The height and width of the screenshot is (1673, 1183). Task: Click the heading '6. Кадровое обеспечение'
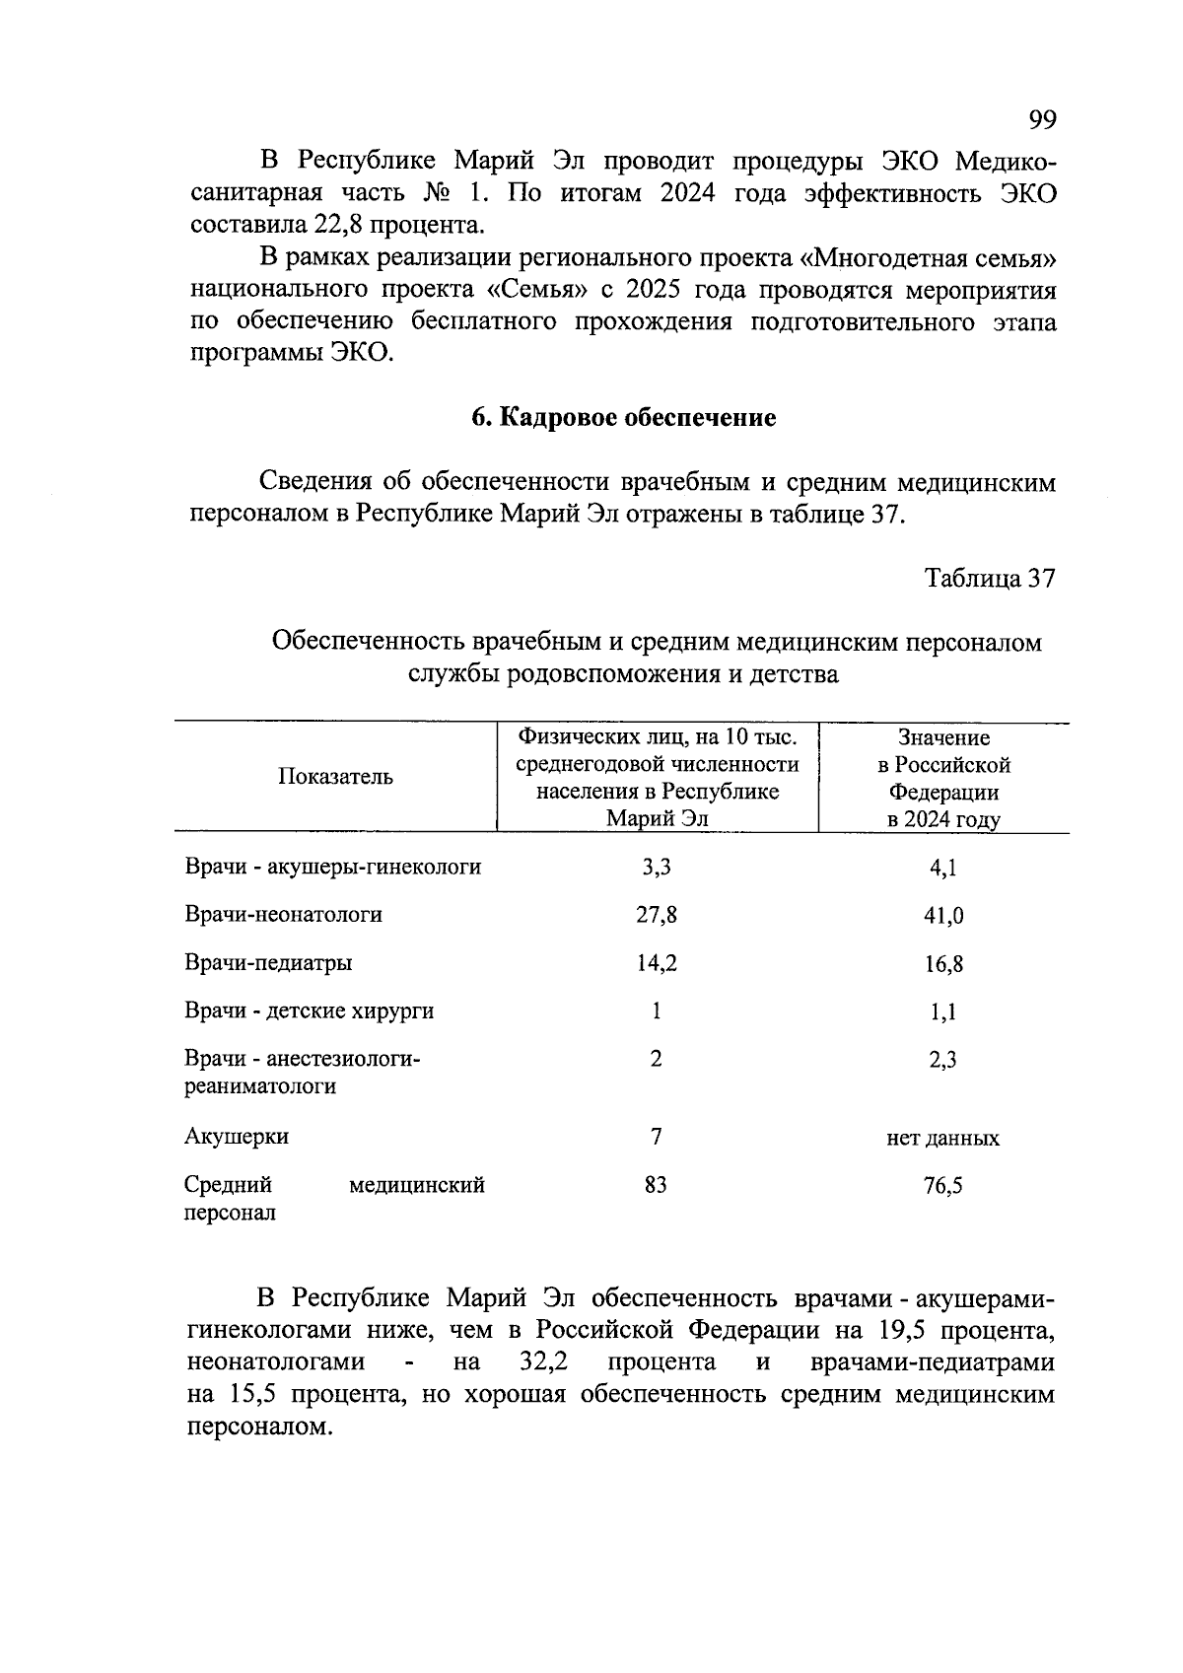(623, 418)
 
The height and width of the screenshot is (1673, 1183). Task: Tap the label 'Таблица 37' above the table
(990, 578)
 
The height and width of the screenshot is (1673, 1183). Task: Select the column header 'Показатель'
(335, 777)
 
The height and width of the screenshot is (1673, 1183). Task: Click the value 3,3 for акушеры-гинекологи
(656, 868)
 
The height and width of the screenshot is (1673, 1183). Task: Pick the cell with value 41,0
(943, 916)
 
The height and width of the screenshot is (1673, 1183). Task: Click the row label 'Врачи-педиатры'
(268, 963)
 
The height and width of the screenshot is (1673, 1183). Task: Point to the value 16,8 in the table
(943, 964)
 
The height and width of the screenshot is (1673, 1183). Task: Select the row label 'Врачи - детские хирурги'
(309, 1011)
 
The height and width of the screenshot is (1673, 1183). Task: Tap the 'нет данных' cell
(942, 1139)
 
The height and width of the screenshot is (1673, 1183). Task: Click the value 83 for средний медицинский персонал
(656, 1185)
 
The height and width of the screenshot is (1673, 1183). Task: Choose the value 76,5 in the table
(943, 1186)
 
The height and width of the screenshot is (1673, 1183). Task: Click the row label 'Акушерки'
(237, 1137)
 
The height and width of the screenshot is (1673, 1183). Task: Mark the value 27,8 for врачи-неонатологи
(656, 915)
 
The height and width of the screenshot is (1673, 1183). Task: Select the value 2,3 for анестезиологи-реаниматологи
(943, 1061)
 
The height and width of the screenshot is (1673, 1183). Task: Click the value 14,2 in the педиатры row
(656, 963)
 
